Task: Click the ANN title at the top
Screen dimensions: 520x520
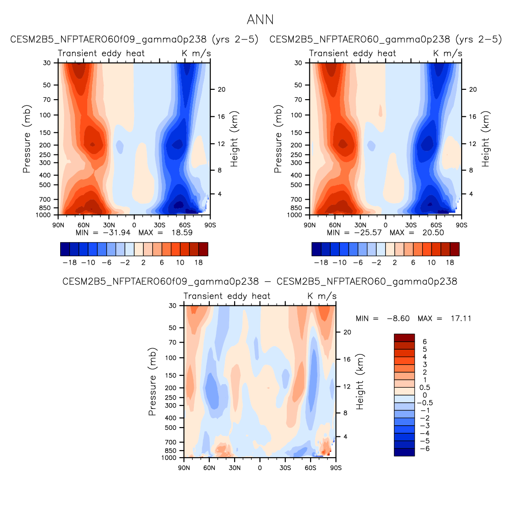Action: [260, 20]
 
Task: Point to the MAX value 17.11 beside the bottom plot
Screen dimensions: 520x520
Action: [461, 319]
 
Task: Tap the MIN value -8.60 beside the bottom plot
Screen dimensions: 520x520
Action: [398, 319]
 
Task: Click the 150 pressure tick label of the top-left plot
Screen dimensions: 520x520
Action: [46, 133]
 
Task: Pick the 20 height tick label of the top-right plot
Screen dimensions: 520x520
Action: [473, 89]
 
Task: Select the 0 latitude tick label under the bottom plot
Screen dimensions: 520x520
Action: [260, 468]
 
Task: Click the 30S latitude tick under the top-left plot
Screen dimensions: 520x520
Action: [159, 225]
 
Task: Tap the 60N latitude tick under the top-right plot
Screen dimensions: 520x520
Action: [335, 225]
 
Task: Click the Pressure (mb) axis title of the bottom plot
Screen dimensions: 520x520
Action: [153, 381]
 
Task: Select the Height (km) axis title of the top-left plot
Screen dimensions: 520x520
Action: [234, 139]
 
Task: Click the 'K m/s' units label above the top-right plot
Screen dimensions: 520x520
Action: [447, 54]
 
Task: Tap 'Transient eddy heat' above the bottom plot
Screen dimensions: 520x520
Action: [227, 296]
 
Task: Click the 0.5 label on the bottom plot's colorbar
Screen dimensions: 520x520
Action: [425, 388]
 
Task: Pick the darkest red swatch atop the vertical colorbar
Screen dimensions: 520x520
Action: [404, 338]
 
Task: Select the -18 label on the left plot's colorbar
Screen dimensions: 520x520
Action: [69, 262]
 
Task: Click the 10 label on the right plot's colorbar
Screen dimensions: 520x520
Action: [431, 262]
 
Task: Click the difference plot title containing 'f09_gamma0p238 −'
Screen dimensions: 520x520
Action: [260, 281]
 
